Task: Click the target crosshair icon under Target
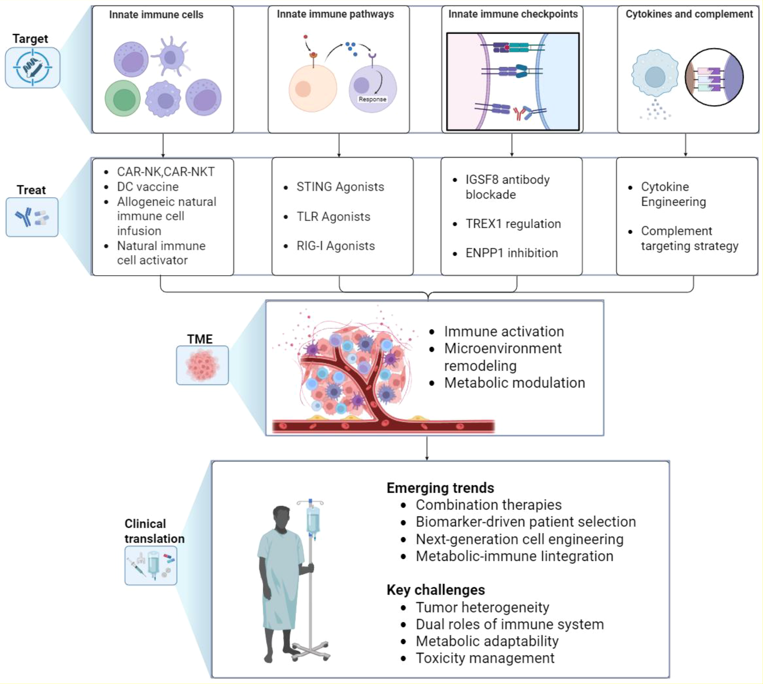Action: click(x=32, y=68)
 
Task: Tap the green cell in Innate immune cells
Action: click(x=123, y=98)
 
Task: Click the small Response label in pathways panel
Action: click(x=372, y=99)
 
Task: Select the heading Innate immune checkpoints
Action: click(x=513, y=14)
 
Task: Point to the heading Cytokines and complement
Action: click(x=689, y=14)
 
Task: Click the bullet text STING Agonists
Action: click(x=340, y=187)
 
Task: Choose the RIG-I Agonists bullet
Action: click(x=336, y=246)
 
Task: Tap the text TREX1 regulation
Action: click(x=513, y=224)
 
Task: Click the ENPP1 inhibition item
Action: click(x=512, y=253)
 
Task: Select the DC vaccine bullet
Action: click(x=148, y=187)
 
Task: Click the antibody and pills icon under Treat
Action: click(x=32, y=217)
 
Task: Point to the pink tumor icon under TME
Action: click(x=202, y=365)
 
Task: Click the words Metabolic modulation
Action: click(x=515, y=382)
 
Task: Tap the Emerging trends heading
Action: click(x=440, y=488)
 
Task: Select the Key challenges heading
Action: click(x=436, y=590)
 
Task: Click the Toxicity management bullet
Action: click(x=484, y=658)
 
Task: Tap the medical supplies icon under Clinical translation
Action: click(x=150, y=565)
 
